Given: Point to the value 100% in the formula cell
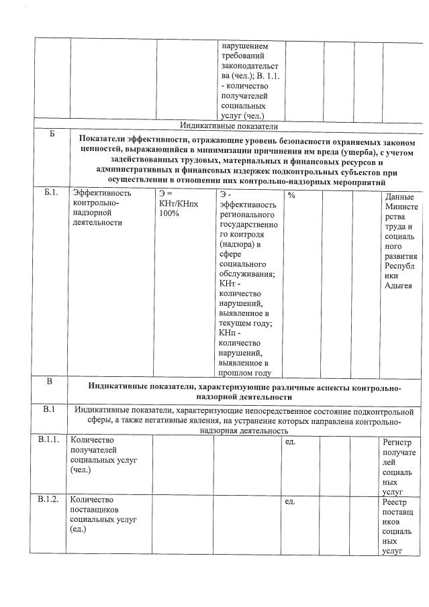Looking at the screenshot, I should coord(169,213).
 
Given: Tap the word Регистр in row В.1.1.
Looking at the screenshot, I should coord(400,443).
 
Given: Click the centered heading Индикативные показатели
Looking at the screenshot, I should coord(228,125).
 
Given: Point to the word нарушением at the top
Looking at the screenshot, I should coord(244,46).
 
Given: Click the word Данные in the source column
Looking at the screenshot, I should coord(400,197).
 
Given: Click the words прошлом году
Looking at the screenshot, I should coord(245,373).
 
